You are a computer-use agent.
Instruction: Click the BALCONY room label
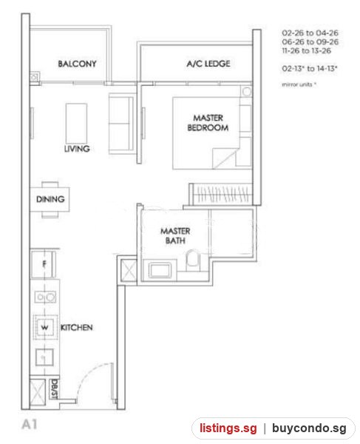77,64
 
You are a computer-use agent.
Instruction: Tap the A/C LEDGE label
208,64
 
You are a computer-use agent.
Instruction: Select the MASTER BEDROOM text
208,123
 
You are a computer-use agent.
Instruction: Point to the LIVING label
77,149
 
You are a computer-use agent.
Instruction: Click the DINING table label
50,199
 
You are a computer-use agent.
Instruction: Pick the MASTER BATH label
175,235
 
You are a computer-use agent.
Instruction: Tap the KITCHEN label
77,328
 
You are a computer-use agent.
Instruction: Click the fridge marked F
43,264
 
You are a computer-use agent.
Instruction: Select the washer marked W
45,327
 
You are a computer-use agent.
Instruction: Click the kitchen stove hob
45,297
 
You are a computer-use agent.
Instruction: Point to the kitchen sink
44,357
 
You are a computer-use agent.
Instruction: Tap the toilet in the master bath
194,260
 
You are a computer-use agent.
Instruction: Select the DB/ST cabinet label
54,389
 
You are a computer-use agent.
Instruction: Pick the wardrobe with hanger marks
220,194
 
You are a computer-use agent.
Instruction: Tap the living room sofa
122,124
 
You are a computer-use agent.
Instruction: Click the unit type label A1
30,425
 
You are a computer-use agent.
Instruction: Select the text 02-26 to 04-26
310,33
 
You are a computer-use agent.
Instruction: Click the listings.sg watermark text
228,428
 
